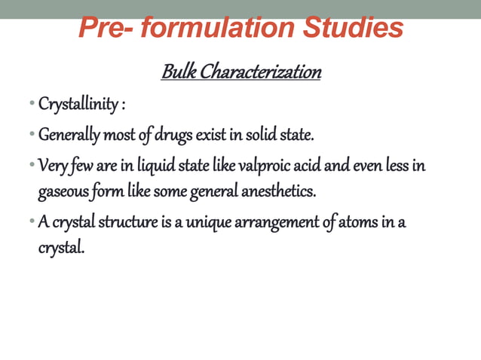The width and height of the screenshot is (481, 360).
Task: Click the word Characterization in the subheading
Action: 260,73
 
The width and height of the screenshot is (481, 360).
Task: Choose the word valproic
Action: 280,165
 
